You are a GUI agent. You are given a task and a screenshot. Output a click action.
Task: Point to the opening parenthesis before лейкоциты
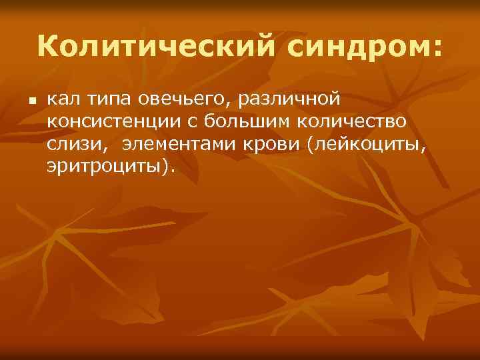308,145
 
